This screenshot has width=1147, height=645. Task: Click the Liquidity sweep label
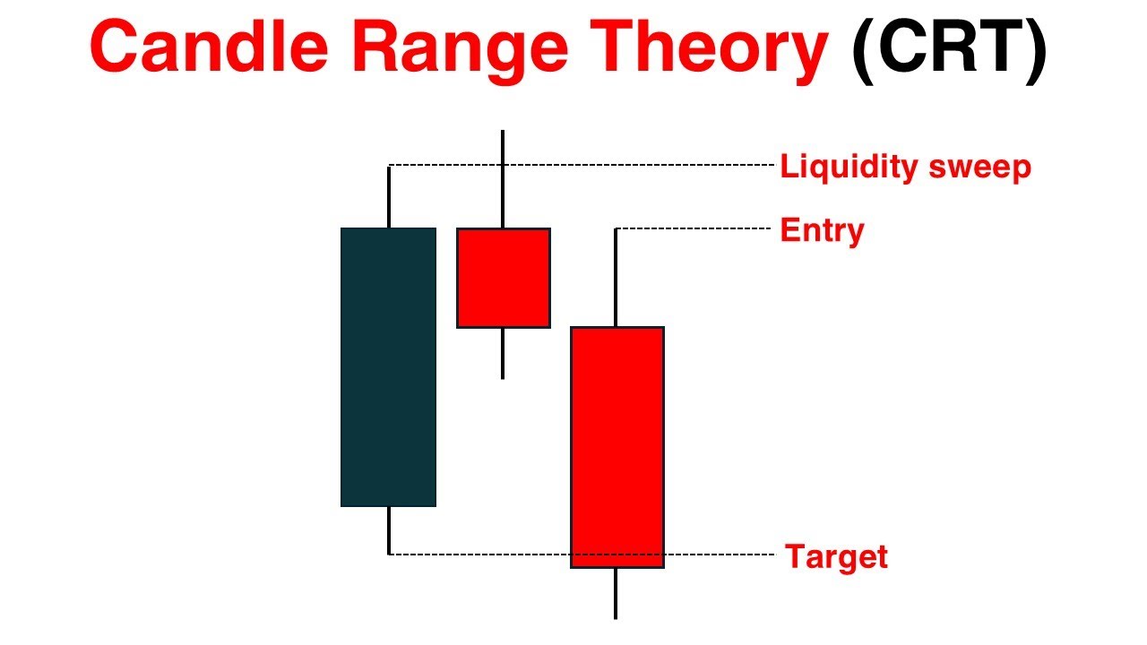(x=905, y=168)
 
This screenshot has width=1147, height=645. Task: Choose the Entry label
(x=822, y=230)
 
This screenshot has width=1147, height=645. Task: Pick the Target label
(x=836, y=557)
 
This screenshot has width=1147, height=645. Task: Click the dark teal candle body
(x=388, y=367)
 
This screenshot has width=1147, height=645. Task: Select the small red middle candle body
(x=503, y=278)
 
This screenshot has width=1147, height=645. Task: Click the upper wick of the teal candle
(x=389, y=197)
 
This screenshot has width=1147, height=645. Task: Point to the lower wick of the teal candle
(x=389, y=530)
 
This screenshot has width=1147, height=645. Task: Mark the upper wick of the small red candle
(x=503, y=179)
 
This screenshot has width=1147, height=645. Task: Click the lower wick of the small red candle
(x=503, y=353)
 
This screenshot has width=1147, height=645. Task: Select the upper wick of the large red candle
(x=616, y=278)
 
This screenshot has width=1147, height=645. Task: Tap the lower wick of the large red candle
(x=616, y=593)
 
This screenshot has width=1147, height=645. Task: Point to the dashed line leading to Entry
(x=694, y=229)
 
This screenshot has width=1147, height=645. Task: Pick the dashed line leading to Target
(x=484, y=555)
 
